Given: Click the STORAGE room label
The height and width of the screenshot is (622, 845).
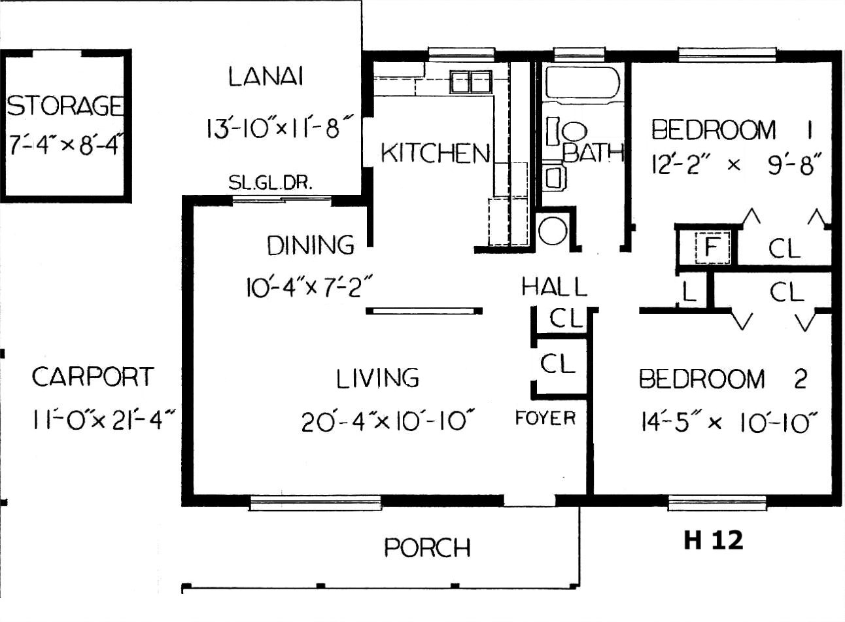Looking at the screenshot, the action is [65, 105].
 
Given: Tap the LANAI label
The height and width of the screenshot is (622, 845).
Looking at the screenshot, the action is [266, 77].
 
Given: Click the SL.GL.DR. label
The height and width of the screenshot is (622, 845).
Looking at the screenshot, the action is [271, 183].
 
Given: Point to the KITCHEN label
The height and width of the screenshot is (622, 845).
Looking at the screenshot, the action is [436, 153].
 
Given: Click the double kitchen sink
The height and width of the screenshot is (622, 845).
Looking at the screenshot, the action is [470, 82].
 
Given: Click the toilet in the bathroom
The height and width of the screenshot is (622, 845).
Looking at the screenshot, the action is [566, 131].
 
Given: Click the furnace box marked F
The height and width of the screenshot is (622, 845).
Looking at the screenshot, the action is [712, 247].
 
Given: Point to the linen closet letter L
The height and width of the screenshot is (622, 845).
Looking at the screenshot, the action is [689, 292].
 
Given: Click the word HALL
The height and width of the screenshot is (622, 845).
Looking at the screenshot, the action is [554, 286].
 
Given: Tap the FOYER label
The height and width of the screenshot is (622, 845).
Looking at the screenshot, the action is [545, 418].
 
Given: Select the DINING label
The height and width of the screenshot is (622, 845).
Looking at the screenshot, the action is [311, 245].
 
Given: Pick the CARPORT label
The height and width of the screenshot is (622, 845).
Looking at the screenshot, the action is [93, 377].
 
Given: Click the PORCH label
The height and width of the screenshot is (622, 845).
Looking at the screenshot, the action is [427, 547].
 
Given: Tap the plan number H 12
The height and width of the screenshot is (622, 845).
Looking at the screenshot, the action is [714, 540].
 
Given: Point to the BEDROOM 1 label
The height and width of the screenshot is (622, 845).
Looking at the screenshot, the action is [732, 130].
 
